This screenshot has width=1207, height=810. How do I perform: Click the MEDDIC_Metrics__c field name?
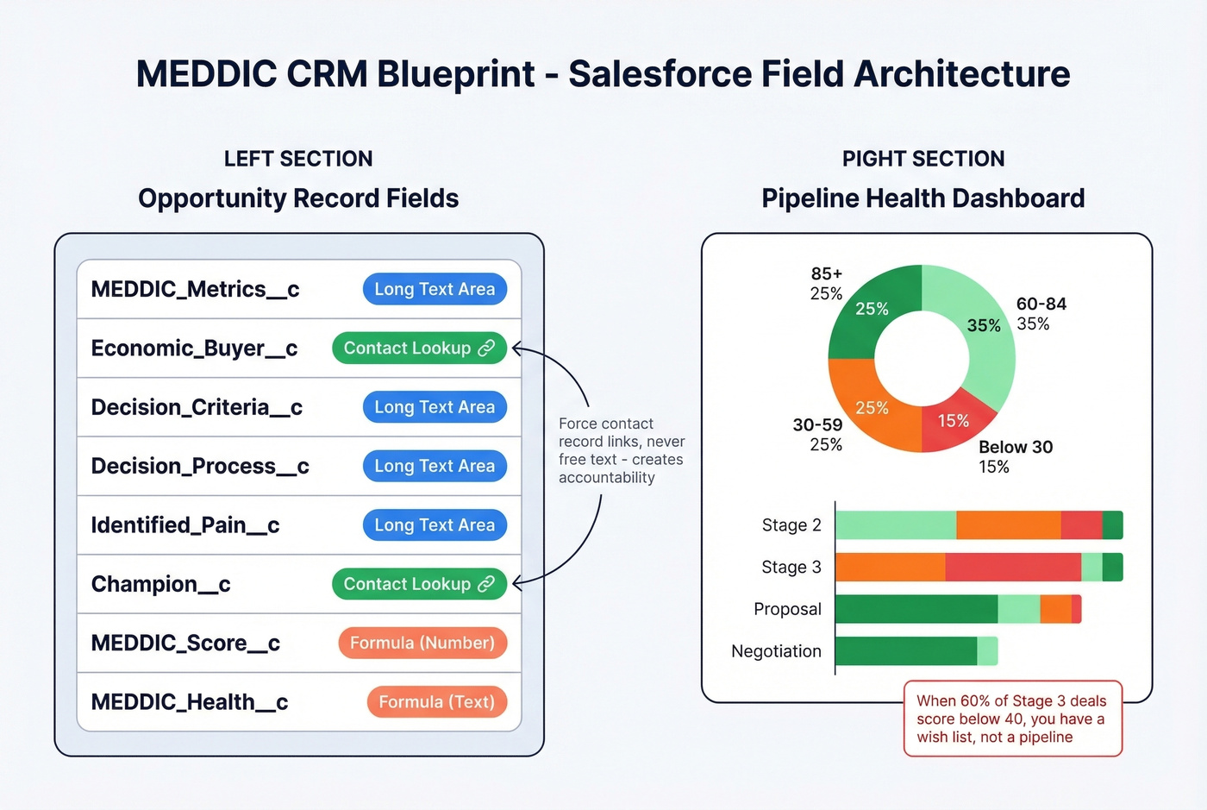[x=195, y=289]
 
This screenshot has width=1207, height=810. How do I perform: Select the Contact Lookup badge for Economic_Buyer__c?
[x=419, y=348]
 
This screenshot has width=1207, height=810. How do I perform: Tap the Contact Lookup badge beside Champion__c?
[x=419, y=584]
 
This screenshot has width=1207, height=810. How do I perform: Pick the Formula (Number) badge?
[x=422, y=643]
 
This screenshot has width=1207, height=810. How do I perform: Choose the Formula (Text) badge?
[x=436, y=702]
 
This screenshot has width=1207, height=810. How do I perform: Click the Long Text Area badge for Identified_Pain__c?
[x=435, y=524]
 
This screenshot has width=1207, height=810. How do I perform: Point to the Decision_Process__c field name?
[x=200, y=466]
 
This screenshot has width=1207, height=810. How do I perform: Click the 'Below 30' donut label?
[x=1016, y=447]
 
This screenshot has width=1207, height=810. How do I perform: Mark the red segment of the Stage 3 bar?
[x=1013, y=568]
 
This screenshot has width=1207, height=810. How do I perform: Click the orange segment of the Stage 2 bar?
[x=1008, y=525]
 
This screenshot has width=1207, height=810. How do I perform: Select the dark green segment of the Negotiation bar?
[x=905, y=651]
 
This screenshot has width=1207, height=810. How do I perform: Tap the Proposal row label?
[x=787, y=609]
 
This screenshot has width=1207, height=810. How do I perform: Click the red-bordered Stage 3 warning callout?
[x=1012, y=719]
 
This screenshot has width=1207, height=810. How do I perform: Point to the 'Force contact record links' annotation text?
[x=621, y=450]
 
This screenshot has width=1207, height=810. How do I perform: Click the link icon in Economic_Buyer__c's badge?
[x=487, y=348]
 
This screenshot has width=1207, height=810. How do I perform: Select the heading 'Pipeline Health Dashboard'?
[x=922, y=198]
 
